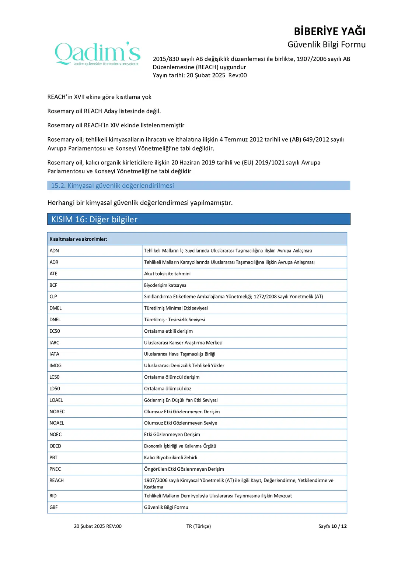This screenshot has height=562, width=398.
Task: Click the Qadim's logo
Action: pyautogui.click(x=97, y=54)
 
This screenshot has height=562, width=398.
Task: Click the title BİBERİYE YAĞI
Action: pyautogui.click(x=329, y=31)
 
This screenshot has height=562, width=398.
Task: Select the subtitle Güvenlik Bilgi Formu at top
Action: pyautogui.click(x=326, y=45)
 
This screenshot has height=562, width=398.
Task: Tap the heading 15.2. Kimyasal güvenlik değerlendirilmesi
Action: pyautogui.click(x=112, y=185)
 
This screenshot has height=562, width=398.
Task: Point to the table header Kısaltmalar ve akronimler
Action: pyautogui.click(x=78, y=239)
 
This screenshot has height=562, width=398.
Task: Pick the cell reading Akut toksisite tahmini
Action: pyautogui.click(x=167, y=274)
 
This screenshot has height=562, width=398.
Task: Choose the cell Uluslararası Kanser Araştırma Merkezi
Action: pyautogui.click(x=183, y=343)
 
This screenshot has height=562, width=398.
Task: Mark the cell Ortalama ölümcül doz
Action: pyautogui.click(x=168, y=389)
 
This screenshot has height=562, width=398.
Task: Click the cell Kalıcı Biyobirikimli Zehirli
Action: pyautogui.click(x=171, y=457)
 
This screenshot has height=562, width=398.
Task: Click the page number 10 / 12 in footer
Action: pyautogui.click(x=339, y=526)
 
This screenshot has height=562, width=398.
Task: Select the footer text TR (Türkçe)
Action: pyautogui.click(x=198, y=526)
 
